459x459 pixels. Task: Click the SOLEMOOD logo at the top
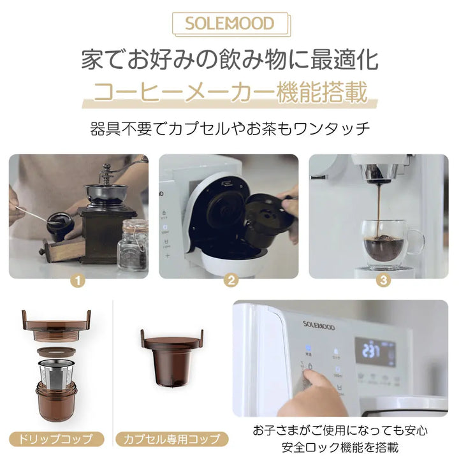pyautogui.click(x=229, y=24)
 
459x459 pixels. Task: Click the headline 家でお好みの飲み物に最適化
pyautogui.click(x=229, y=61)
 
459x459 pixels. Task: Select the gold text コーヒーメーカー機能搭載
pyautogui.click(x=229, y=93)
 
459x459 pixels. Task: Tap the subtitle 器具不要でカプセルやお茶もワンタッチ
pyautogui.click(x=229, y=128)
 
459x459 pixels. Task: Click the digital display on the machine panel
pyautogui.click(x=375, y=351)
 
